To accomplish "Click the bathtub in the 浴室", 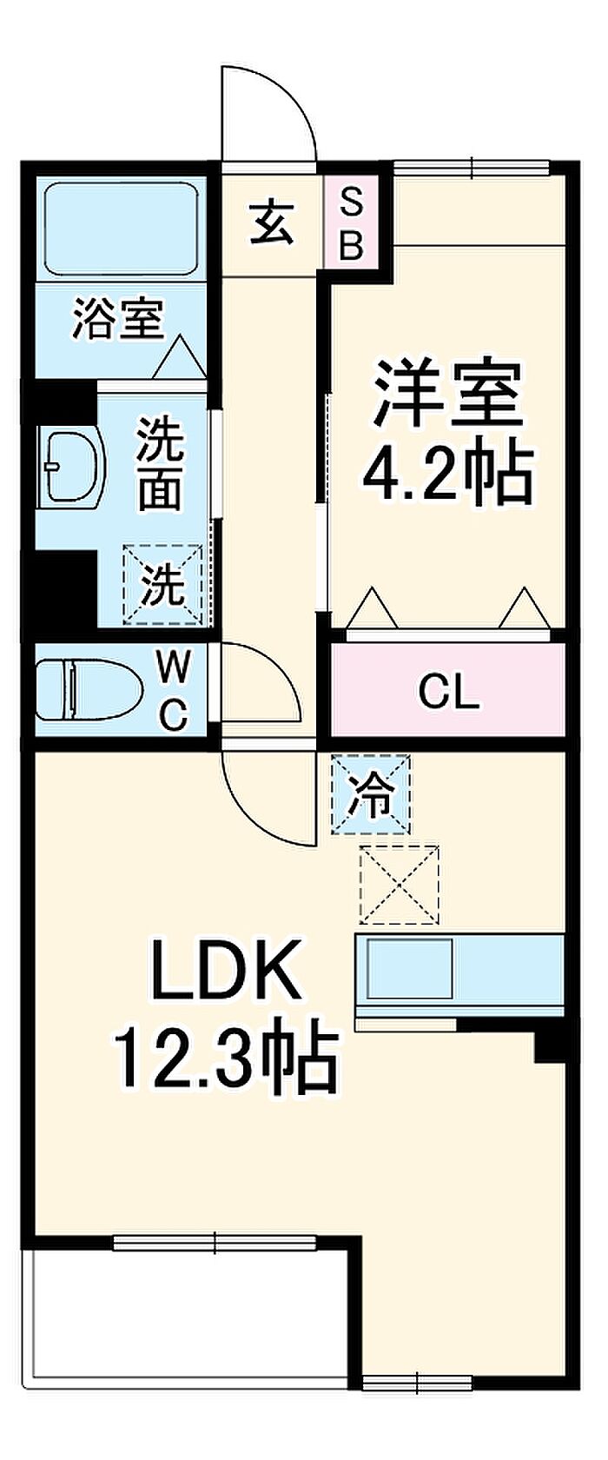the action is click(122, 228).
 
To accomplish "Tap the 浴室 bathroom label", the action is click(118, 318).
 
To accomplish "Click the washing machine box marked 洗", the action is click(163, 585).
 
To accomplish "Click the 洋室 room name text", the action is click(447, 394).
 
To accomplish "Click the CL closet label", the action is click(449, 693).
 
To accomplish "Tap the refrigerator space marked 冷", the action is click(371, 794).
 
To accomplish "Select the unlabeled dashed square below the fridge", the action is click(400, 885).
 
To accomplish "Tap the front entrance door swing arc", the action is click(268, 112).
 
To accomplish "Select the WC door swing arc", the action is click(261, 682).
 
